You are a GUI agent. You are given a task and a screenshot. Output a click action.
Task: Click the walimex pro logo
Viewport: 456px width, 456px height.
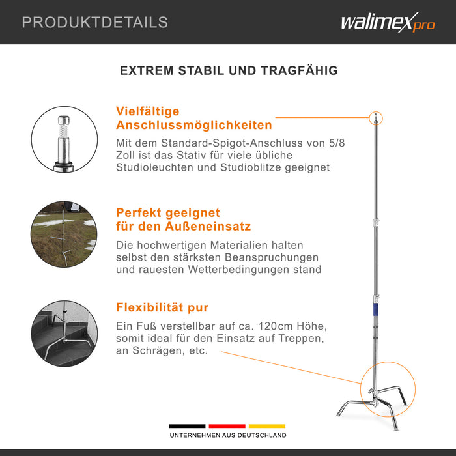coord(388,22)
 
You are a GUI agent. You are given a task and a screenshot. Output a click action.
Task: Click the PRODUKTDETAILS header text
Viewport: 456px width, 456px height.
coord(95,22)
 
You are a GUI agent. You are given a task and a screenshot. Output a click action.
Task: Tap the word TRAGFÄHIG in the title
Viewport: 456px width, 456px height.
coord(299,70)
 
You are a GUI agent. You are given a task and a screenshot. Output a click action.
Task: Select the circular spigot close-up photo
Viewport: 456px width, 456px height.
coord(64,139)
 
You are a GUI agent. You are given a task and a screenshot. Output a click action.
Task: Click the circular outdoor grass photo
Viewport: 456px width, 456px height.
coord(64,234)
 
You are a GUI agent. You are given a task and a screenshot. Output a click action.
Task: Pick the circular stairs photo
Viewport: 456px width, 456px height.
coord(64,334)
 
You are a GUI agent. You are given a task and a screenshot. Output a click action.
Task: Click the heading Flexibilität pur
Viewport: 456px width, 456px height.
coord(162,307)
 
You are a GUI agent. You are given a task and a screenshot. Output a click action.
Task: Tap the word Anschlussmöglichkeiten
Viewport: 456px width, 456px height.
coord(194,125)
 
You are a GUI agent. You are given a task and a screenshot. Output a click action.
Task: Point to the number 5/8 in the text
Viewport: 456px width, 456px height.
coord(337,143)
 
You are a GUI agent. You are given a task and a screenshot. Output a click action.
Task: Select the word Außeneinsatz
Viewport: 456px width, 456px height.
coord(208,226)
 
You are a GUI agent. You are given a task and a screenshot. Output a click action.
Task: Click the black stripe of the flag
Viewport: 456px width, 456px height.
coord(187,426)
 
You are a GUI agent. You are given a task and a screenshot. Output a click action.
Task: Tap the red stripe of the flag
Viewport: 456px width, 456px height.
coord(227,426)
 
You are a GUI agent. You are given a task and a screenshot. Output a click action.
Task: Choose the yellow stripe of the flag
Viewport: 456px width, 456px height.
coord(267,426)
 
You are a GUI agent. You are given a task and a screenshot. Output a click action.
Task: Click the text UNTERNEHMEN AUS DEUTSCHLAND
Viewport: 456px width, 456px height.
coord(228,435)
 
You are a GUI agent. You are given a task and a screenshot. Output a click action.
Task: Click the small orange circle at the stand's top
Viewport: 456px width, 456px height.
coord(376,119)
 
